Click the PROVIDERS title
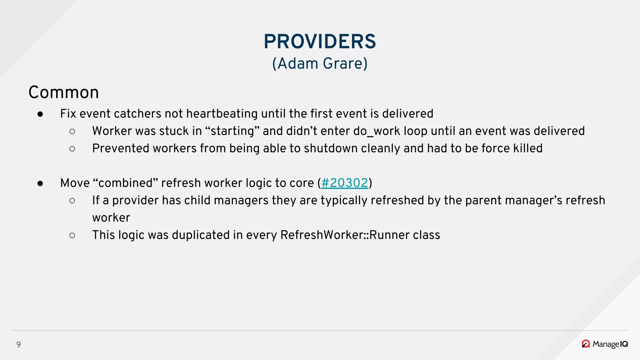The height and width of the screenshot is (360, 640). [x=320, y=42]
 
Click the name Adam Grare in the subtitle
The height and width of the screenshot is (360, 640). [x=320, y=63]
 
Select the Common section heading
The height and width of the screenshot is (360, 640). [x=64, y=92]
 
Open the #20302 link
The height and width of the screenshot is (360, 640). [x=345, y=183]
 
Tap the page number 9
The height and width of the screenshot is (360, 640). [x=18, y=344]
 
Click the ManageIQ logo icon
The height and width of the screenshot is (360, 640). [x=585, y=344]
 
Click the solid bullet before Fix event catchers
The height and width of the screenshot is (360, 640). [x=40, y=114]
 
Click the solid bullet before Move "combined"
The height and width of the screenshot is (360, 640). [x=40, y=183]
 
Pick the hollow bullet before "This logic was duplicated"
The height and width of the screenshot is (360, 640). [x=72, y=235]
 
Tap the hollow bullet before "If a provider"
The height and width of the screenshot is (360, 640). [x=72, y=201]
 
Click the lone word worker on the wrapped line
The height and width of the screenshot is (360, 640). [x=111, y=218]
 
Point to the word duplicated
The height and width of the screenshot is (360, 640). [x=201, y=235]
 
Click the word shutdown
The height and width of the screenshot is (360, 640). [x=330, y=148]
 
